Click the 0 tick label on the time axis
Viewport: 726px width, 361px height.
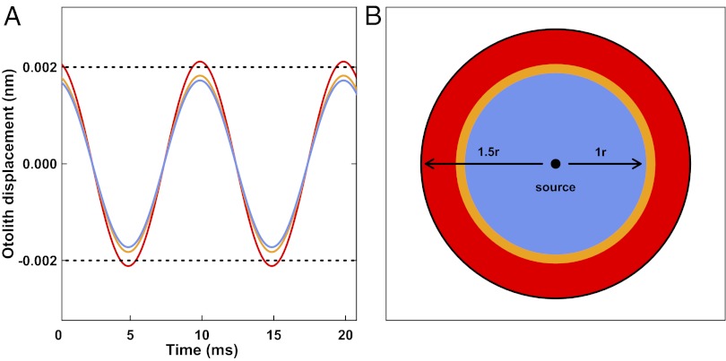click(x=59, y=334)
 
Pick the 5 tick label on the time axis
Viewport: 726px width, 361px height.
click(x=131, y=334)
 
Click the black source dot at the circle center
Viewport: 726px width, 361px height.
click(x=555, y=164)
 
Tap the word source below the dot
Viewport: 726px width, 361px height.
click(x=555, y=187)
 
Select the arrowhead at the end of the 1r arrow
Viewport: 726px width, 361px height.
click(x=639, y=164)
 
